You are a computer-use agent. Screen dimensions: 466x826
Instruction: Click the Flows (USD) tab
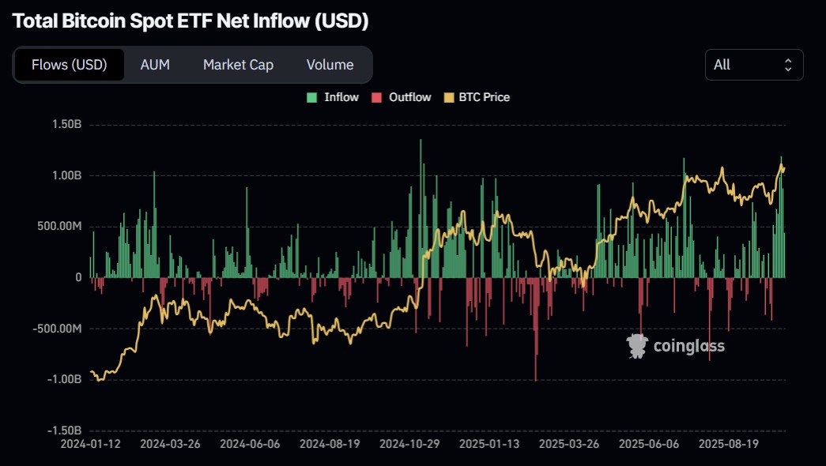pos(69,65)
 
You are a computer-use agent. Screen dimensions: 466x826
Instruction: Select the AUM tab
pos(155,65)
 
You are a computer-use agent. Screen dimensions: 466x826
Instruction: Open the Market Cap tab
pos(238,65)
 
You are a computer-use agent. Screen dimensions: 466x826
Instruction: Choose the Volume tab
pos(330,65)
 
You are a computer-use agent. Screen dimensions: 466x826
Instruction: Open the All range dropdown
pos(753,65)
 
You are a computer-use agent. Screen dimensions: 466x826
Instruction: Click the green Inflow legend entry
pos(334,97)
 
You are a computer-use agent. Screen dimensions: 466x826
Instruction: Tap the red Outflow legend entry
pos(402,97)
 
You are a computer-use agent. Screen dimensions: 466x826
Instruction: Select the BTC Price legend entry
pos(477,97)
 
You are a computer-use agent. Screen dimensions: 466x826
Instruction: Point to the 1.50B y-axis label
pos(66,125)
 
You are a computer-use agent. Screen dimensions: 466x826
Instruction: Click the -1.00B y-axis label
pos(65,379)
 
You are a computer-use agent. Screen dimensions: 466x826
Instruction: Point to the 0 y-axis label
pos(78,277)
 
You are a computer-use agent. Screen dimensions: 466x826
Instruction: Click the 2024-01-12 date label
pos(91,444)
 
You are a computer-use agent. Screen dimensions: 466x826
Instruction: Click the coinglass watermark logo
pos(675,345)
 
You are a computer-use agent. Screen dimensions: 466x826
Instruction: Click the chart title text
pos(190,21)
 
